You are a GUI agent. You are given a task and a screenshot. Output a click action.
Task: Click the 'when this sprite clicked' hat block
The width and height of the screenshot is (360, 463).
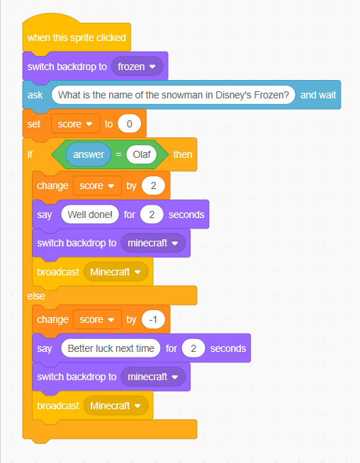pyautogui.click(x=77, y=37)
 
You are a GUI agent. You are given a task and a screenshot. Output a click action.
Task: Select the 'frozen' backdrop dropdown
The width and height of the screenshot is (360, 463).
pyautogui.click(x=137, y=67)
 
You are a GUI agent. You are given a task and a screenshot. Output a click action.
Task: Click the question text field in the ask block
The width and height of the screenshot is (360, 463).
pyautogui.click(x=173, y=95)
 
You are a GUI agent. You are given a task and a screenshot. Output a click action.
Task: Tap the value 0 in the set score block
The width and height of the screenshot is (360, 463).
pyautogui.click(x=129, y=124)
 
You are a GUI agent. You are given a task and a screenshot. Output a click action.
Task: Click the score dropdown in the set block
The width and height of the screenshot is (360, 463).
pyautogui.click(x=75, y=124)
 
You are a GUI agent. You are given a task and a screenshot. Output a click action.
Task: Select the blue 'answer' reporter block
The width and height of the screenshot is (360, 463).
pyautogui.click(x=89, y=154)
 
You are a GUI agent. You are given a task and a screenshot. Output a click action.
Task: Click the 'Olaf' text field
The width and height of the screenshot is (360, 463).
pyautogui.click(x=142, y=154)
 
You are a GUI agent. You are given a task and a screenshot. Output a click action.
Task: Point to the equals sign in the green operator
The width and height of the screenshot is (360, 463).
pyautogui.click(x=118, y=154)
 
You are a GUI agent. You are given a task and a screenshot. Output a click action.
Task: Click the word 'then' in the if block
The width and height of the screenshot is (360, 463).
pyautogui.click(x=183, y=154)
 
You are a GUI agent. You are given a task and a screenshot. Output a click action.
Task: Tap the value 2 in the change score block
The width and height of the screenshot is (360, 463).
pyautogui.click(x=153, y=185)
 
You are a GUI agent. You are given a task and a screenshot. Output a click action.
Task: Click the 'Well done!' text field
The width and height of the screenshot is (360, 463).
pyautogui.click(x=90, y=215)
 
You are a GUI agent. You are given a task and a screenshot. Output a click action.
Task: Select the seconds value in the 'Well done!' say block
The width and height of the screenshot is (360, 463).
pyautogui.click(x=152, y=215)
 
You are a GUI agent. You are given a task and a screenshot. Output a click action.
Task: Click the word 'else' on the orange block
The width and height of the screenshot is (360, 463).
pyautogui.click(x=36, y=296)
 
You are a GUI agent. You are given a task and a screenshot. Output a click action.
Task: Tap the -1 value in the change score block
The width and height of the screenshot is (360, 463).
pyautogui.click(x=153, y=319)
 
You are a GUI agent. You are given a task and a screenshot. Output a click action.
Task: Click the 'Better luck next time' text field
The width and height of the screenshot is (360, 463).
pyautogui.click(x=111, y=348)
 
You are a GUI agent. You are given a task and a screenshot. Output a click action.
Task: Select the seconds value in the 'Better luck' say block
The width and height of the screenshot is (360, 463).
pyautogui.click(x=193, y=348)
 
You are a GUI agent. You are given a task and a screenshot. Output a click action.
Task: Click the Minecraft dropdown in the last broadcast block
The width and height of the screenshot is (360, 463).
pyautogui.click(x=116, y=406)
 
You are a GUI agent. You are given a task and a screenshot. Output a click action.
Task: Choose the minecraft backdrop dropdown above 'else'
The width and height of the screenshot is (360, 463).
pyautogui.click(x=153, y=243)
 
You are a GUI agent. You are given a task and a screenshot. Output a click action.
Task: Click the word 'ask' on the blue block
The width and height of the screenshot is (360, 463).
pyautogui.click(x=35, y=95)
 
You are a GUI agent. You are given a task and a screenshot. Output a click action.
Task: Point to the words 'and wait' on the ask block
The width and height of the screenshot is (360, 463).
pyautogui.click(x=318, y=95)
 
